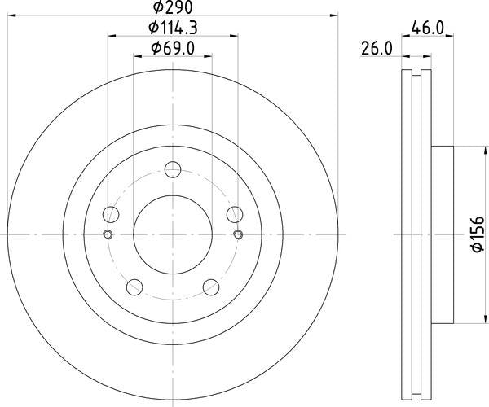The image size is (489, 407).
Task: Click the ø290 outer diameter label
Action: (171, 7)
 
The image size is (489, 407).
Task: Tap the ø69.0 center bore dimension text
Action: (172, 50)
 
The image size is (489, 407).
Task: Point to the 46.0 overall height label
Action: (427, 28)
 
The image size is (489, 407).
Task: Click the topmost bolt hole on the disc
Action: (172, 170)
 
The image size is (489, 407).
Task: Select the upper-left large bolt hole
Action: (112, 215)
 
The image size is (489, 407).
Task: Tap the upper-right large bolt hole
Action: (233, 215)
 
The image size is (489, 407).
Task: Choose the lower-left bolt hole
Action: (134, 286)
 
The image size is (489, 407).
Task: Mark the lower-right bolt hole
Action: (210, 286)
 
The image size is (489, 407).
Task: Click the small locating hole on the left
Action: (107, 235)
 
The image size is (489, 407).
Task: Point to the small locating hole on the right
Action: (237, 235)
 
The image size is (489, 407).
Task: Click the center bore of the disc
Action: (172, 235)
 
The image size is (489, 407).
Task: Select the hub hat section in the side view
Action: (440, 234)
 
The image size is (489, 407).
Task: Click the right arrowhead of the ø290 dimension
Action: (334, 15)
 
